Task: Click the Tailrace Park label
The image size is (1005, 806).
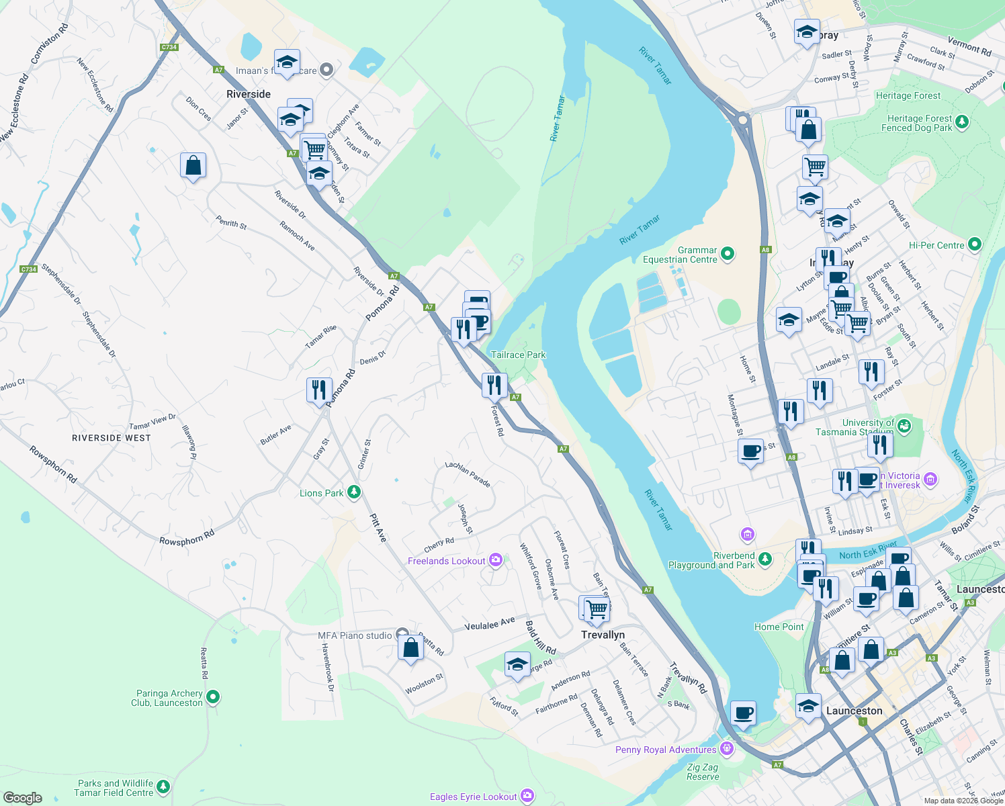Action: pyautogui.click(x=518, y=355)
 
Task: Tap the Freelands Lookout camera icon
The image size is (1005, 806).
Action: pyautogui.click(x=496, y=560)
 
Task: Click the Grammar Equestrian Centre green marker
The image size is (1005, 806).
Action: pyautogui.click(x=728, y=254)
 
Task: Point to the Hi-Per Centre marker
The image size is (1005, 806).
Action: pyautogui.click(x=975, y=245)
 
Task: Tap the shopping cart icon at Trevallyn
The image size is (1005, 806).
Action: pyautogui.click(x=597, y=609)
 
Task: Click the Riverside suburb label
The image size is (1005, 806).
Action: pyautogui.click(x=249, y=94)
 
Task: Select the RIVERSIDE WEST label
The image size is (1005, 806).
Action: pyautogui.click(x=112, y=438)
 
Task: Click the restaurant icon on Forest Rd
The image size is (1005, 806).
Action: pyautogui.click(x=494, y=386)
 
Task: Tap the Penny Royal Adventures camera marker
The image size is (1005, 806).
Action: pyautogui.click(x=726, y=748)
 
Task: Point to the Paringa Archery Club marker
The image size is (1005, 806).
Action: pyautogui.click(x=213, y=697)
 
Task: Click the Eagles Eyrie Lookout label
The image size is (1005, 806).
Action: pyautogui.click(x=473, y=797)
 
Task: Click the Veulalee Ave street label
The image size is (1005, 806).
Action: pyautogui.click(x=490, y=625)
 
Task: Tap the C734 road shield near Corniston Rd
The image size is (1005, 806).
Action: pyautogui.click(x=169, y=47)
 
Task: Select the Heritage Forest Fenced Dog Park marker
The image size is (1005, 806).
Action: pyautogui.click(x=962, y=122)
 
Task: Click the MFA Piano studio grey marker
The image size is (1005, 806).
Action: pyautogui.click(x=402, y=634)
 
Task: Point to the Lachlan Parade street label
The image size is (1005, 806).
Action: pyautogui.click(x=468, y=474)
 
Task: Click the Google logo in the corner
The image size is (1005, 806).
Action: pyautogui.click(x=23, y=797)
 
